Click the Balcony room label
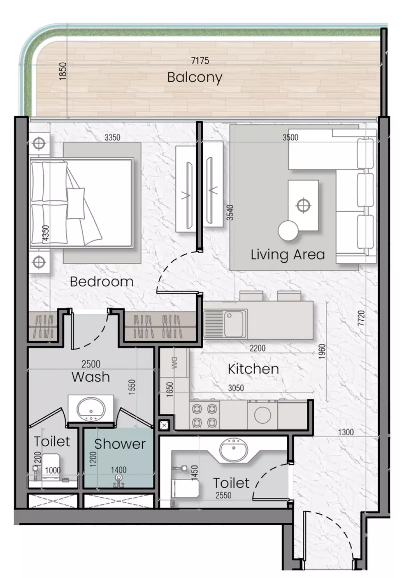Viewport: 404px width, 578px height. pos(195,78)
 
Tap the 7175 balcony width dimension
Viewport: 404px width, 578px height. pos(200,60)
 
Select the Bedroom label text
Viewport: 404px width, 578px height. pos(101,282)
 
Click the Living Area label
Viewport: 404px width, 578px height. pos(288,255)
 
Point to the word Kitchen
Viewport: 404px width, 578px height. pos(253,369)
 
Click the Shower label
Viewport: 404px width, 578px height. pos(120,444)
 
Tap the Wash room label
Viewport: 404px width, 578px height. pos(91,377)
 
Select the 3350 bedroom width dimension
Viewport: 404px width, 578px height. pos(112,137)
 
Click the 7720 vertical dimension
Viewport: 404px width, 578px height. pos(361,318)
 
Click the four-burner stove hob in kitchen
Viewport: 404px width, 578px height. pos(205,415)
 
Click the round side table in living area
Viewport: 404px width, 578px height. pos(288,231)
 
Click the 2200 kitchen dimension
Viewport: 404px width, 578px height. pos(258,348)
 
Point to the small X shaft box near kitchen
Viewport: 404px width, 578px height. pos(164,425)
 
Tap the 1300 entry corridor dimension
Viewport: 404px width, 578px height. pos(346,432)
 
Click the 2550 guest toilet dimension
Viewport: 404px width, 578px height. pos(223,495)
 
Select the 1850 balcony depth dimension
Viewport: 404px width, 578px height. pos(63,71)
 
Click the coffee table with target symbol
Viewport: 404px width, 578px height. pos(303,205)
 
